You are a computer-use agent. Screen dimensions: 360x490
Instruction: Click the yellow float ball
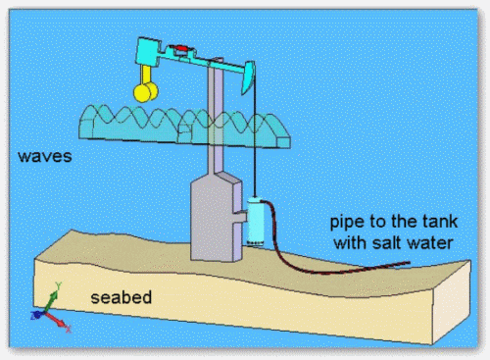pos(146,91)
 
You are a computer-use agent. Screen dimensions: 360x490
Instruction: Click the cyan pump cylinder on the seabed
pos(257,218)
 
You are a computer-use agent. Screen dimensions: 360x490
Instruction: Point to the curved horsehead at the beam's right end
pos(249,74)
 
